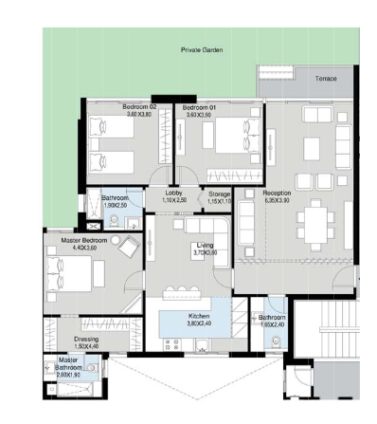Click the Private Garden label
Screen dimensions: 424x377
[x=202, y=49]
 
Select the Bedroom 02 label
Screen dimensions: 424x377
[x=138, y=108]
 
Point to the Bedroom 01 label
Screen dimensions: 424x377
[x=199, y=108]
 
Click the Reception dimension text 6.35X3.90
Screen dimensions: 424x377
[x=278, y=201]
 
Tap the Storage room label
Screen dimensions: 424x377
[x=219, y=194]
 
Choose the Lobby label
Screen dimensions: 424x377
[x=173, y=194]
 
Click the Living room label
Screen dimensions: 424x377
[x=206, y=247]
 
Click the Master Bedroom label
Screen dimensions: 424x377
[x=82, y=242]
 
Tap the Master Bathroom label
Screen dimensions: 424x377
[x=68, y=360]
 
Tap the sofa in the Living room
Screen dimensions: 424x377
[x=205, y=227]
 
